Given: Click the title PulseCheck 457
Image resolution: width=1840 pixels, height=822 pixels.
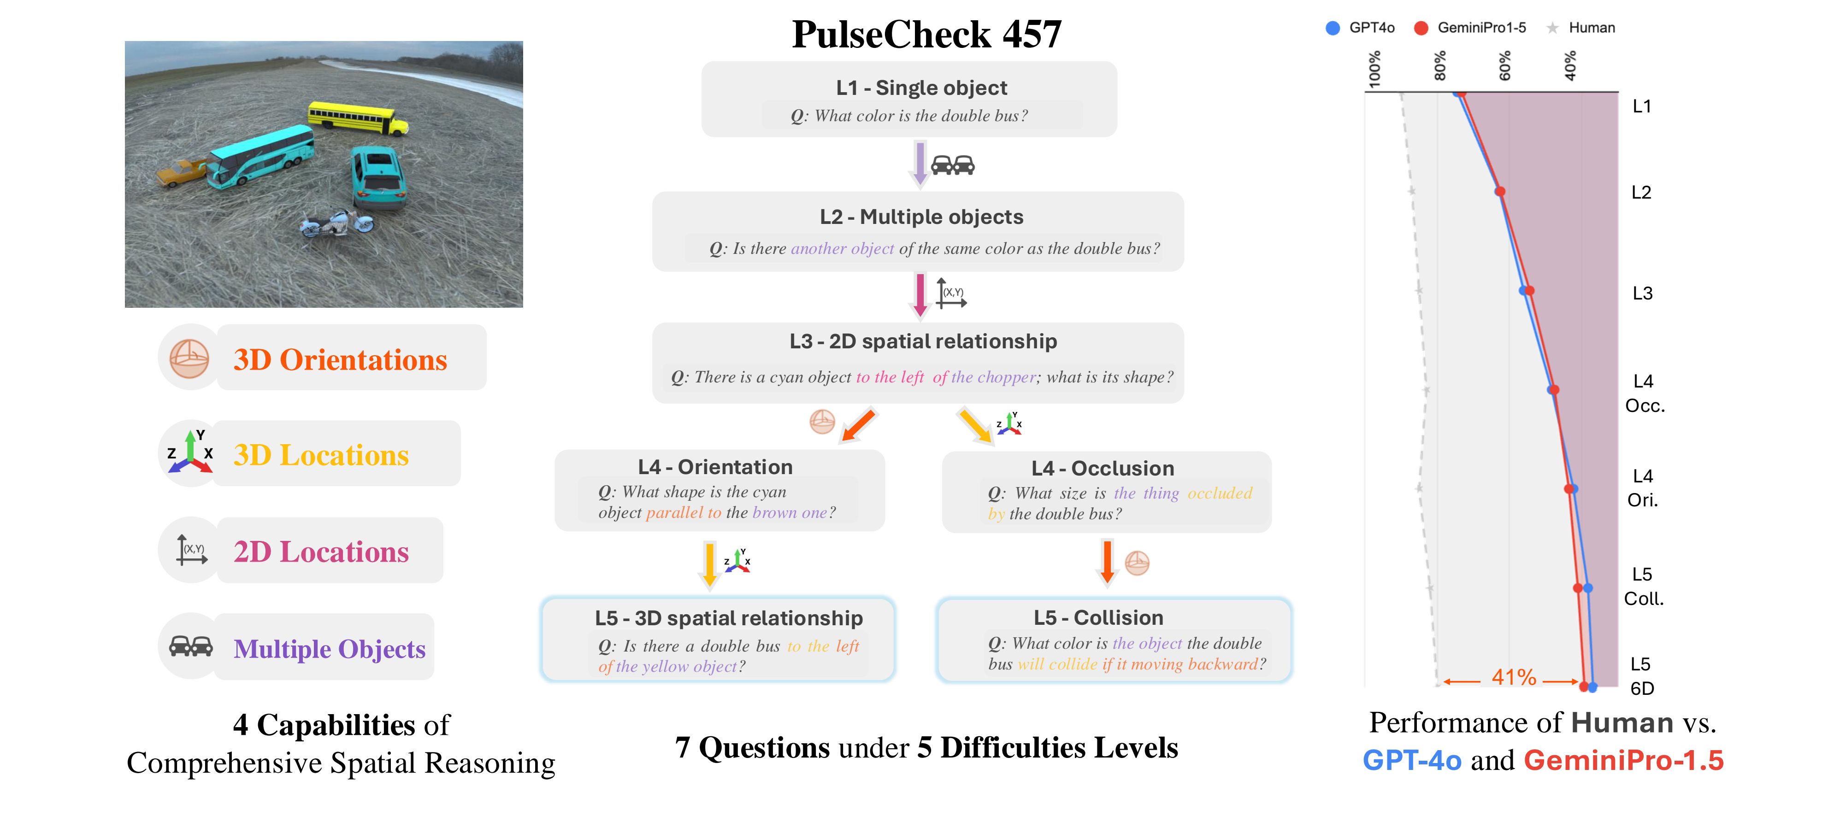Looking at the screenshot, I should click(926, 34).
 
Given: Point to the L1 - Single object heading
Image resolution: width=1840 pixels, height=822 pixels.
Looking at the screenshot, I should click(921, 88).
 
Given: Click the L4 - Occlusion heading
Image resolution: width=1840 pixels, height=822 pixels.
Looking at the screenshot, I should click(1102, 469).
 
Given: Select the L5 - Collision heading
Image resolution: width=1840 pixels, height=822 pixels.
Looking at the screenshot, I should click(1098, 618).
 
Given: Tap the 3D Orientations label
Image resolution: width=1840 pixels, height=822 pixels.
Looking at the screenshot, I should click(340, 360).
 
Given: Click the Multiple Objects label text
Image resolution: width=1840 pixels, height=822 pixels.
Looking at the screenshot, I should click(329, 649).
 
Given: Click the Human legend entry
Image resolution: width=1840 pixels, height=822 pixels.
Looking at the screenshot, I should click(1580, 28).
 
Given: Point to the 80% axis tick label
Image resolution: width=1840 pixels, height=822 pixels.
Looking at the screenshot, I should click(1440, 66).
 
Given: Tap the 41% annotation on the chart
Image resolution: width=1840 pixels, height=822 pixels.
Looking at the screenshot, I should click(1514, 677).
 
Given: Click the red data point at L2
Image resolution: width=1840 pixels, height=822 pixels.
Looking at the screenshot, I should click(1500, 191).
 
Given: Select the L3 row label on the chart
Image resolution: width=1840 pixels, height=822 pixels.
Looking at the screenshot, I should click(1642, 294).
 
